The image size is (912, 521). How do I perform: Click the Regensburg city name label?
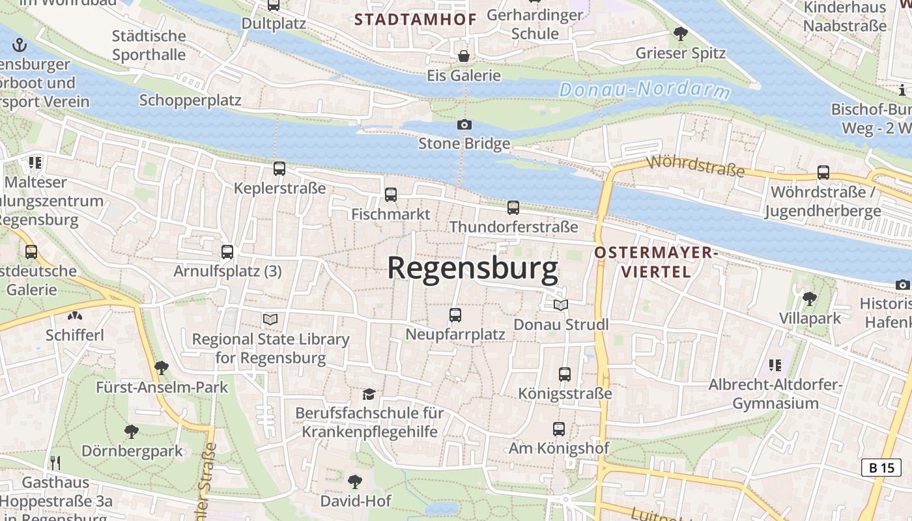tap(473, 268)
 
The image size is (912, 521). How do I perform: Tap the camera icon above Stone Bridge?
tap(464, 124)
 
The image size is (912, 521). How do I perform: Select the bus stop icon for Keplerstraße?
tap(279, 169)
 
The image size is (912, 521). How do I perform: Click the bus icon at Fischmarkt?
tap(391, 194)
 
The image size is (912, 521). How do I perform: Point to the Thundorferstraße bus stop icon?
tap(513, 208)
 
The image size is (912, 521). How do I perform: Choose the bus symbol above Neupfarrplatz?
tap(455, 315)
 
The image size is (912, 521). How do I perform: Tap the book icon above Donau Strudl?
tap(560, 305)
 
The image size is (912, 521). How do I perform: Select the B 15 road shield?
tap(881, 467)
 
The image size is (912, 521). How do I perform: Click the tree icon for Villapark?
tap(810, 299)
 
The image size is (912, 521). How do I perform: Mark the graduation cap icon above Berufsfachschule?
tap(369, 394)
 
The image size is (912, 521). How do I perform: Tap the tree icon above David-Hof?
tap(355, 482)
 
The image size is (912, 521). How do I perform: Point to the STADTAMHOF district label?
tap(416, 20)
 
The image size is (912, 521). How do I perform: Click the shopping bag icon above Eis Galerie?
tap(464, 56)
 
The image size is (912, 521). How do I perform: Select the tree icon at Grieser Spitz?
tap(681, 33)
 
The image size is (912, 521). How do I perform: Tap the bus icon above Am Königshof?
tap(559, 429)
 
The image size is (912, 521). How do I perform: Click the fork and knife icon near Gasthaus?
tap(55, 463)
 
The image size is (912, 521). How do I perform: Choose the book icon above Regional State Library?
tap(270, 319)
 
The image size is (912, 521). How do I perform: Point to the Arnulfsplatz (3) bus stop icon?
tap(227, 252)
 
